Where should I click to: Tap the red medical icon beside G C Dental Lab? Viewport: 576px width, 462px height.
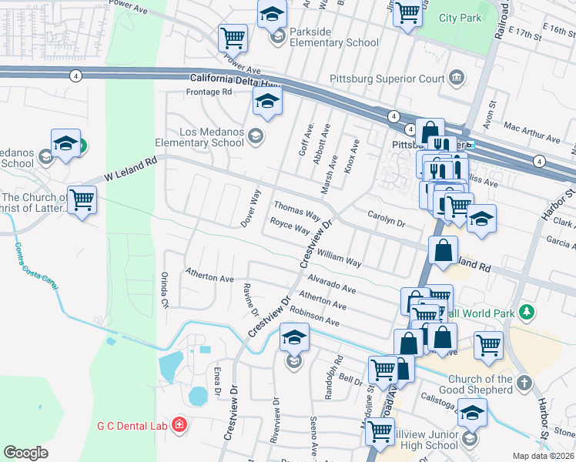[179, 424]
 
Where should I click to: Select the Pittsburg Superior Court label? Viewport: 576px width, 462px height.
[387, 79]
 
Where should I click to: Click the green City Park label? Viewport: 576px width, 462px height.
[460, 18]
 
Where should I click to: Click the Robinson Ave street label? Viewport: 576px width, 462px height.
[315, 316]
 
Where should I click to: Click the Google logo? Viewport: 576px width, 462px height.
[25, 453]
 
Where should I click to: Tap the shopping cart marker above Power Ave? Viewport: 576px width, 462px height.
[232, 37]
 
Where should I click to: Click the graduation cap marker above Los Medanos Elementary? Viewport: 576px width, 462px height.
[267, 101]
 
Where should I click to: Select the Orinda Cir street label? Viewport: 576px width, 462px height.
[164, 289]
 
